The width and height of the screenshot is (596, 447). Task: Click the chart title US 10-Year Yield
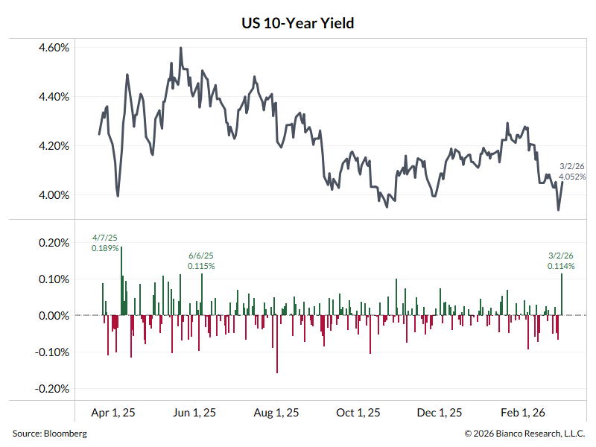pyautogui.click(x=298, y=23)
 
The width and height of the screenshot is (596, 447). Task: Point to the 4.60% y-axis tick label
pyautogui.click(x=53, y=47)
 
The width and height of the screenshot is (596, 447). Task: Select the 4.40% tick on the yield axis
pyautogui.click(x=53, y=97)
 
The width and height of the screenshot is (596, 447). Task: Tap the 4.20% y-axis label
pyautogui.click(x=53, y=146)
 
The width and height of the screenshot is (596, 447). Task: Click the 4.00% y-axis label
pyautogui.click(x=53, y=195)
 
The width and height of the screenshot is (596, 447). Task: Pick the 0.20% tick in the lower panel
pyautogui.click(x=54, y=243)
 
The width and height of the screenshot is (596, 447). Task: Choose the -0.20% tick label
pyautogui.click(x=53, y=389)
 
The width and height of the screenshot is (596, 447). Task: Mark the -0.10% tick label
pyautogui.click(x=53, y=352)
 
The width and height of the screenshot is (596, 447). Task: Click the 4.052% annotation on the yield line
pyautogui.click(x=573, y=177)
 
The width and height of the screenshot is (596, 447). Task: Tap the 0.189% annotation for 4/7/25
pyautogui.click(x=105, y=247)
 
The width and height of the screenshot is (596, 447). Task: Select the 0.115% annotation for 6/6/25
pyautogui.click(x=201, y=265)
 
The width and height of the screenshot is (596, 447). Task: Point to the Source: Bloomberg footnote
pyautogui.click(x=49, y=433)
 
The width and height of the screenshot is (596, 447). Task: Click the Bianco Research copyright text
pyautogui.click(x=524, y=433)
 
